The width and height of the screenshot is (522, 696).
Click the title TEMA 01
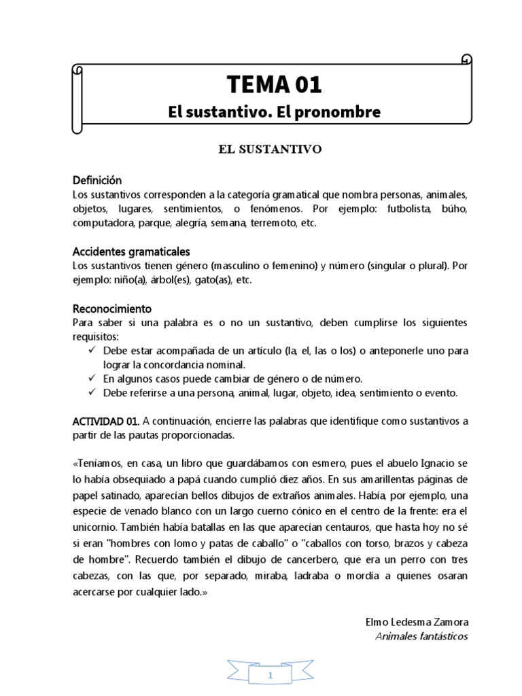pos(275,84)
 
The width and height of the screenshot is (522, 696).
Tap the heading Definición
pos(97,181)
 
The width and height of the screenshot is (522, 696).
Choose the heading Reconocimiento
pos(112,309)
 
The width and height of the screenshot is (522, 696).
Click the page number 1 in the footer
pos(271,676)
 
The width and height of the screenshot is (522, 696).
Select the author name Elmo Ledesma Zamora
pos(417,623)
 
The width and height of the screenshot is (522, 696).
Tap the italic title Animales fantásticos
pos(421,636)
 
